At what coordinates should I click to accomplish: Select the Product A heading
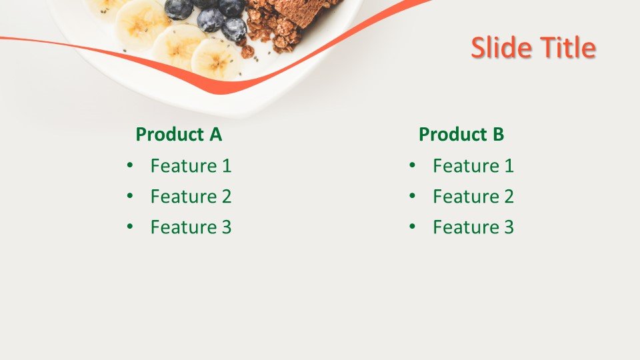click(179, 135)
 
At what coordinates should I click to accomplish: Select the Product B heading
click(461, 135)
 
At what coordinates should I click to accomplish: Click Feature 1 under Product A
click(191, 166)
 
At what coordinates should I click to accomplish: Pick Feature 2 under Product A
click(191, 197)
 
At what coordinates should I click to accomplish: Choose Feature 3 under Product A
click(191, 227)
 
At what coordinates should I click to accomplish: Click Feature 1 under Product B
click(473, 166)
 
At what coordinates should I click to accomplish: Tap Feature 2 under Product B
click(473, 197)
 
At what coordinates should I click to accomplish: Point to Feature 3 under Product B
click(473, 227)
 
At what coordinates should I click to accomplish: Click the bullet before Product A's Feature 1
click(129, 165)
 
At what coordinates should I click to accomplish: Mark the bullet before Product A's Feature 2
click(129, 196)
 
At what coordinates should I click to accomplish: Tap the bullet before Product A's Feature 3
click(129, 227)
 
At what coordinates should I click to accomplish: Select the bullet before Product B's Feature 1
click(412, 165)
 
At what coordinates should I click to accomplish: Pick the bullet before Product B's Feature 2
click(412, 196)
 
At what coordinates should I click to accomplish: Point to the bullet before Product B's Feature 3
click(412, 227)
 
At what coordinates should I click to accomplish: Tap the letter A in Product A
click(215, 135)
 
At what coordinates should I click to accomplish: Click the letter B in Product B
click(498, 135)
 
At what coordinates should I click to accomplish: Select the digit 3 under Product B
click(509, 227)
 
